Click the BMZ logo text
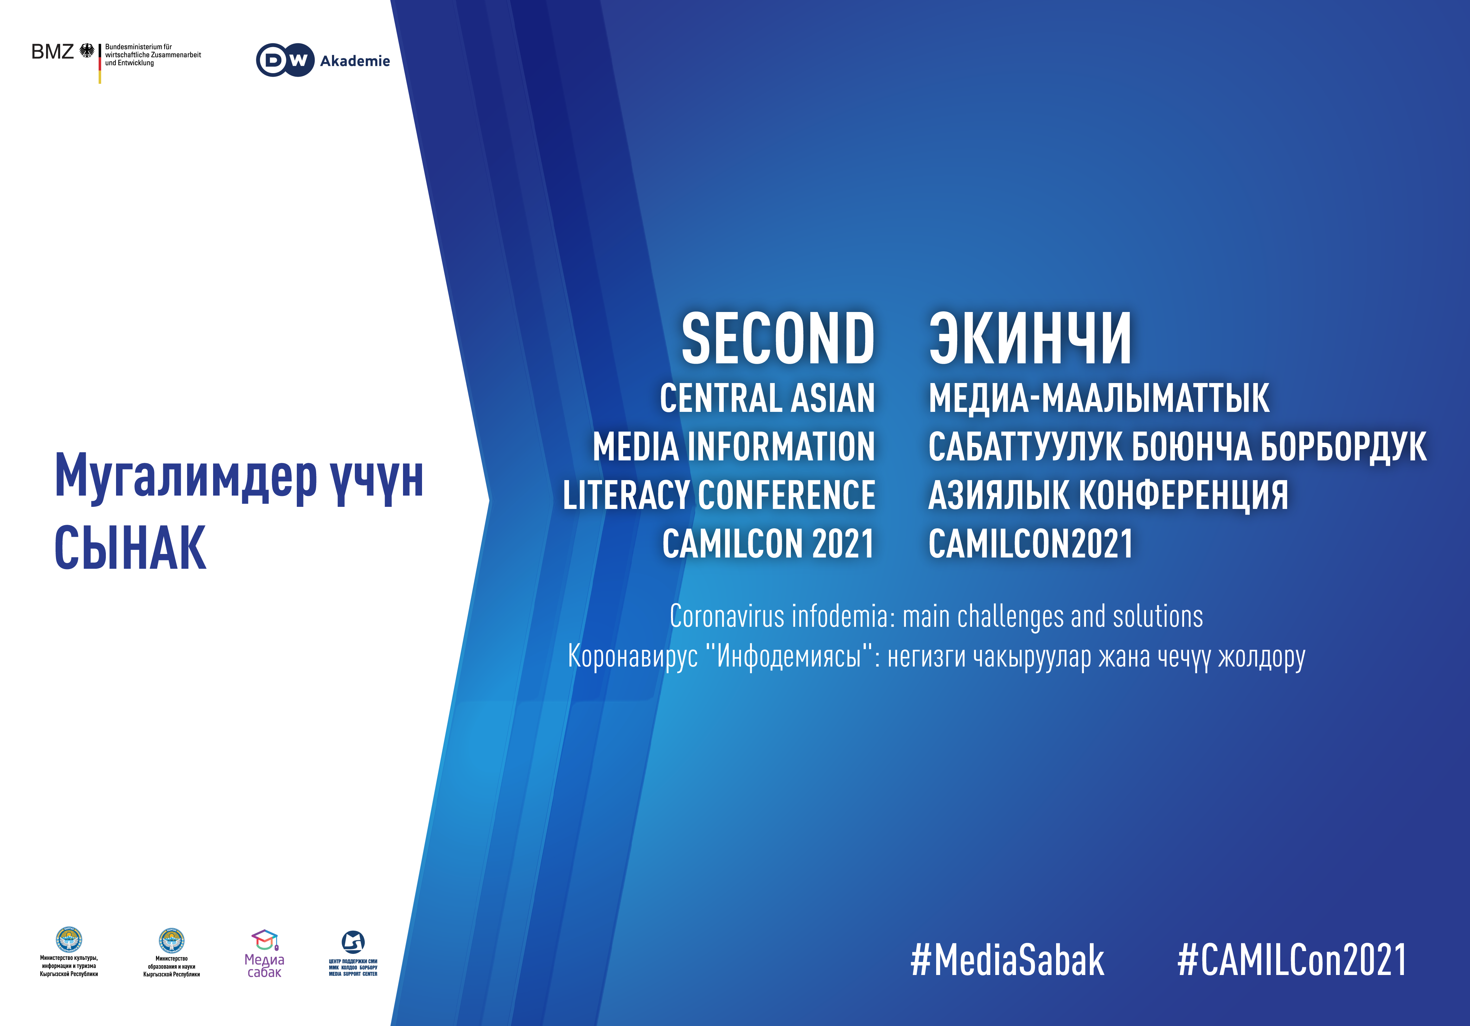click(52, 52)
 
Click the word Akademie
click(355, 61)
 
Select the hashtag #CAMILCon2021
click(1292, 960)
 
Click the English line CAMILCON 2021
click(768, 544)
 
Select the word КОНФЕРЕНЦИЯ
click(1184, 495)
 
